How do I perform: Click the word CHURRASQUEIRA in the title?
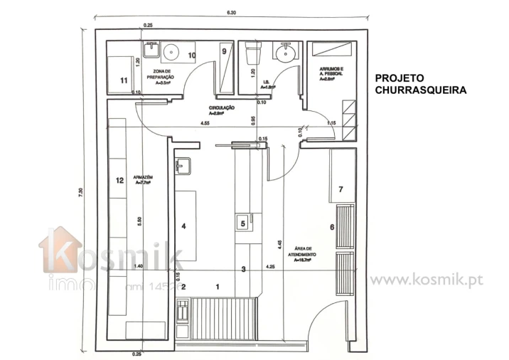tap(420, 90)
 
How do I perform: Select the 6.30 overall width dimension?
tap(232, 13)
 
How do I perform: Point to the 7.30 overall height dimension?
tap(82, 193)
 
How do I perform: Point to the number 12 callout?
tap(119, 180)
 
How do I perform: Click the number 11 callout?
tap(124, 80)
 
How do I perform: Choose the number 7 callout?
tap(341, 189)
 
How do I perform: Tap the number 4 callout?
tap(183, 226)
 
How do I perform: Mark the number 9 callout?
tap(224, 51)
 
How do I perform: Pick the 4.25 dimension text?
tap(270, 267)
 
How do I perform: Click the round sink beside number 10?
tap(171, 52)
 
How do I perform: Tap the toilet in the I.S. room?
tap(252, 55)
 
